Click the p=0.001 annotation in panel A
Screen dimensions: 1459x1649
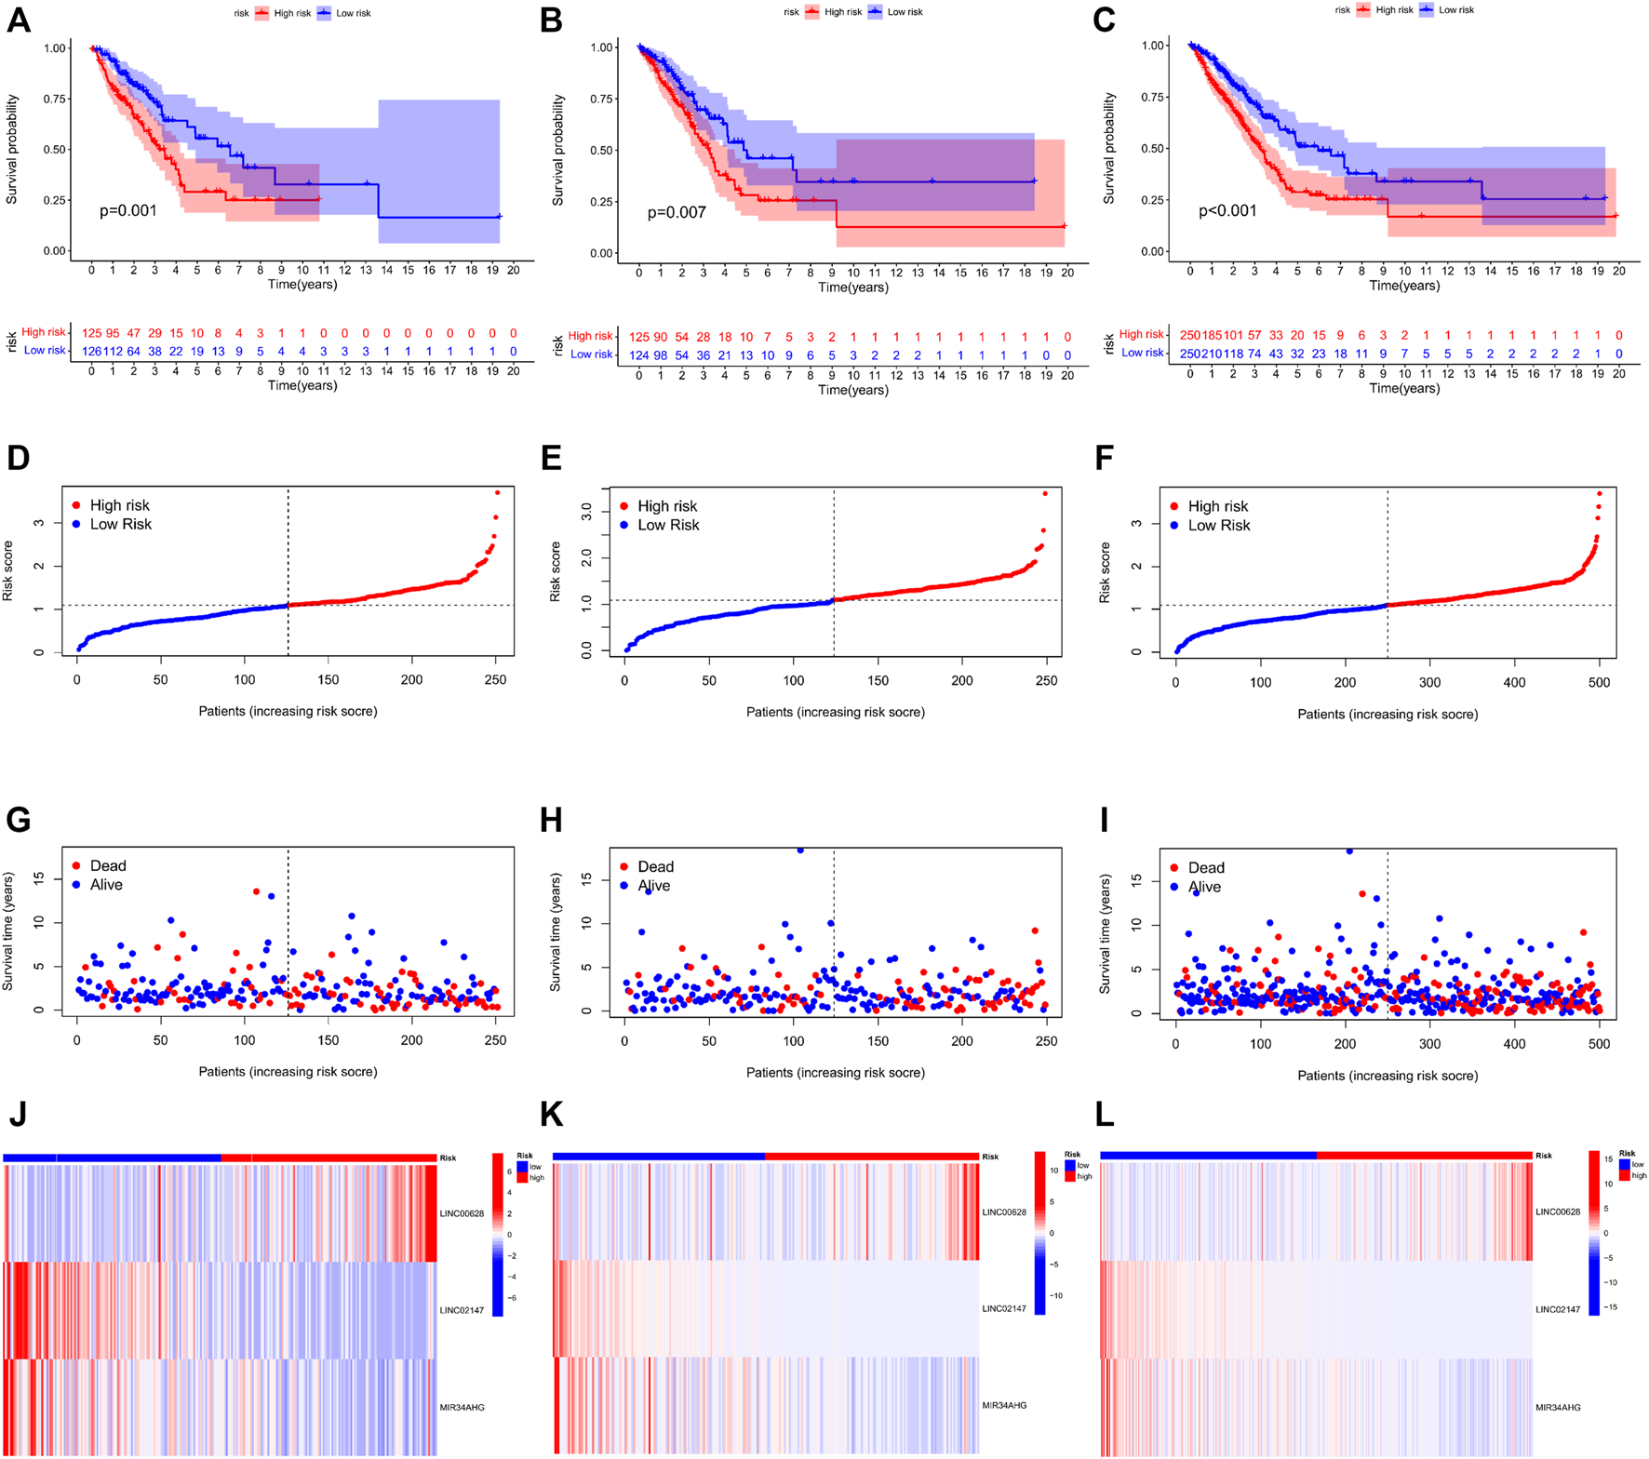click(x=128, y=211)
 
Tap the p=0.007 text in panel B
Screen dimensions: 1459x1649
click(x=677, y=213)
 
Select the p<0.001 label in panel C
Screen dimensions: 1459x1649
click(x=1227, y=211)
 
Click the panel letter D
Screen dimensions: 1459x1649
click(x=18, y=458)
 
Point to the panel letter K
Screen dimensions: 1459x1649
click(x=551, y=1115)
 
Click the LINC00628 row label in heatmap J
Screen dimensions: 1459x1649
click(x=462, y=1213)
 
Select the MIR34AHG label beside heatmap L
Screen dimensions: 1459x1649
click(x=1558, y=1408)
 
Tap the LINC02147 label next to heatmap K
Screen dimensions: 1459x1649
click(x=1004, y=1309)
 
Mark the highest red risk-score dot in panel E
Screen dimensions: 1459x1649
click(x=1045, y=494)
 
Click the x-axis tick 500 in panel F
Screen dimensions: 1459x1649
click(x=1599, y=682)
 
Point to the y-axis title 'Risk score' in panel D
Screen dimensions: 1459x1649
click(x=8, y=570)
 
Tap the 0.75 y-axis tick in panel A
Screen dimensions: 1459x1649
click(x=55, y=99)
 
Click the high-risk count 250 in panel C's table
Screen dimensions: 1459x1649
click(x=1189, y=335)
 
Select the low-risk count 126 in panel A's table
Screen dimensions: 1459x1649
click(x=91, y=352)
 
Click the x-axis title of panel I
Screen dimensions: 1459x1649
click(x=1388, y=1076)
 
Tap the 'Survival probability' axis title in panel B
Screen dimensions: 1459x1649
click(x=557, y=150)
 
